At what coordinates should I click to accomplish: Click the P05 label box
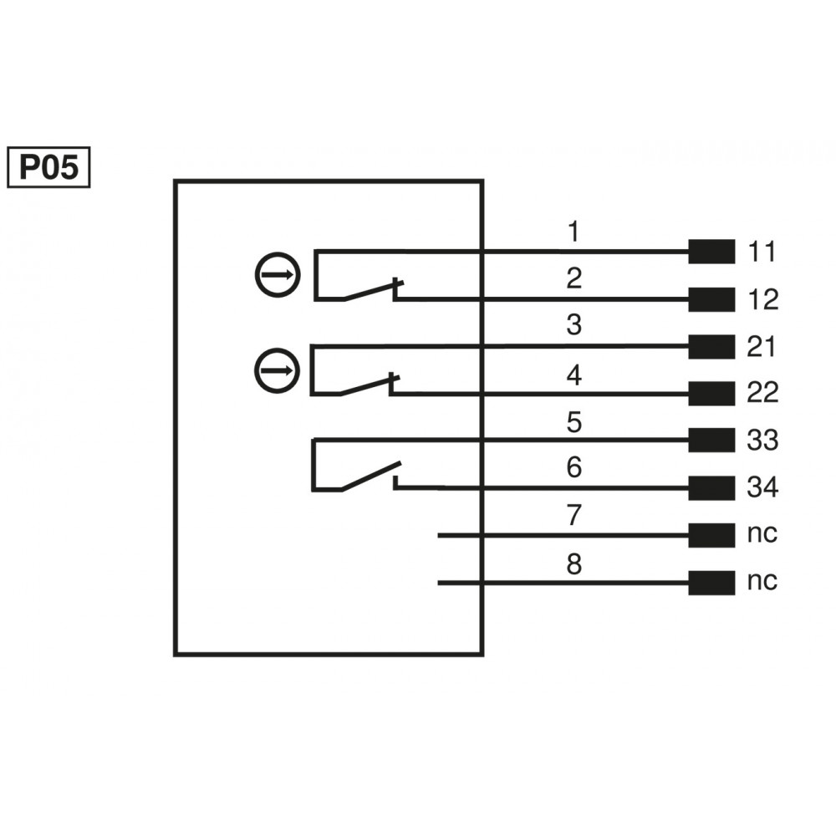pos(48,168)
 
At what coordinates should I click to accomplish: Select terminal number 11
pos(762,252)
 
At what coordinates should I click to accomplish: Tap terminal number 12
pos(762,299)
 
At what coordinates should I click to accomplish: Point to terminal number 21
pos(762,346)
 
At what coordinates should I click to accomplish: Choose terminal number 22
pos(762,393)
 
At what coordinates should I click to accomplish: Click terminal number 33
pos(762,440)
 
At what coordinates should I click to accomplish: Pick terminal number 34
pos(762,487)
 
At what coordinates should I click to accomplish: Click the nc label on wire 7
pos(762,534)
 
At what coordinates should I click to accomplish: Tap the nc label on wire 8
pos(762,581)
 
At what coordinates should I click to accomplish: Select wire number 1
pos(573,231)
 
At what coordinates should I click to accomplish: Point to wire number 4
pos(573,375)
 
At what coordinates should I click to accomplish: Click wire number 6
pos(573,468)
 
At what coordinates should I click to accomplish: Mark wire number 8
pos(573,564)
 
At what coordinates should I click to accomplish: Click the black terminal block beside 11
pos(711,252)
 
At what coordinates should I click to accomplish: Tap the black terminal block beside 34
pos(711,487)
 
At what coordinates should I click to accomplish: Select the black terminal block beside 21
pos(711,346)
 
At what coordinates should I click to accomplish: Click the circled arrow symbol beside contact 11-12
pos(276,273)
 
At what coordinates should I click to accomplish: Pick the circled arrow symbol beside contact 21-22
pos(276,369)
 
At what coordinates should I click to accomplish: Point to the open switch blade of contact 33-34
pos(370,476)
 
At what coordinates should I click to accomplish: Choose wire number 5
pos(573,422)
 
